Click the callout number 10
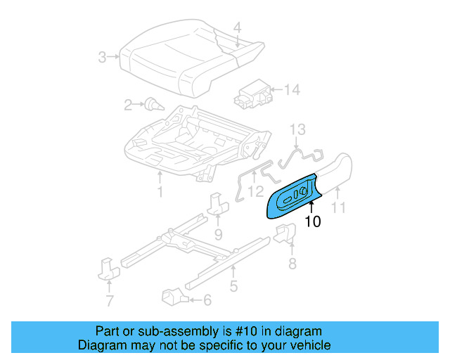pos(313,222)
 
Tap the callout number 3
pos(103,57)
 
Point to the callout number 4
pos(237,28)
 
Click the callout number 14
pos(292,89)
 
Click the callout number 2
pos(128,105)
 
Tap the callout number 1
pos(160,191)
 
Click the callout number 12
pos(256,191)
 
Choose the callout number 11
pos(340,207)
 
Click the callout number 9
pos(218,233)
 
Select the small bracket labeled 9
pos(217,205)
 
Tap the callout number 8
pos(292,264)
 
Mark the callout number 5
pos(233,286)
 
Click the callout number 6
pos(207,300)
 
